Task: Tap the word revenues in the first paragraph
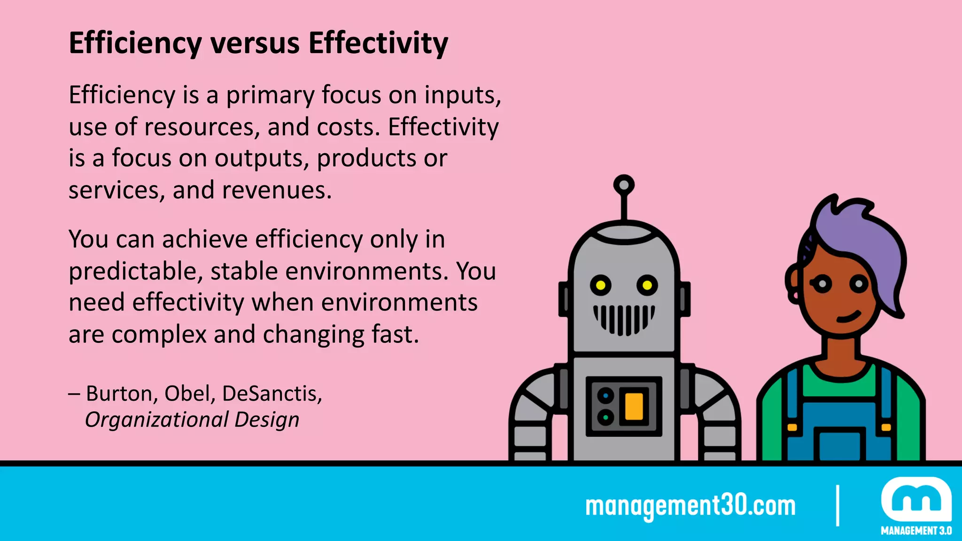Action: [276, 191]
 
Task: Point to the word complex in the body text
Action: [159, 335]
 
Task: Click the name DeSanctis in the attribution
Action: [272, 394]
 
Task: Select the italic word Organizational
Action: [156, 419]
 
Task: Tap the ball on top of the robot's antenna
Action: [624, 185]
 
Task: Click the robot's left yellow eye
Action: [600, 285]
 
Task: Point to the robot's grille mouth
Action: [624, 319]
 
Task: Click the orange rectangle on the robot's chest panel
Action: [634, 406]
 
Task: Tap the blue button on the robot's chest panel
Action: [605, 396]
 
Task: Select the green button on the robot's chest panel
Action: [605, 417]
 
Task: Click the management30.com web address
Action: [690, 506]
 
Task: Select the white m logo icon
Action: [916, 500]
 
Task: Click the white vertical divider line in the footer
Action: [838, 505]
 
